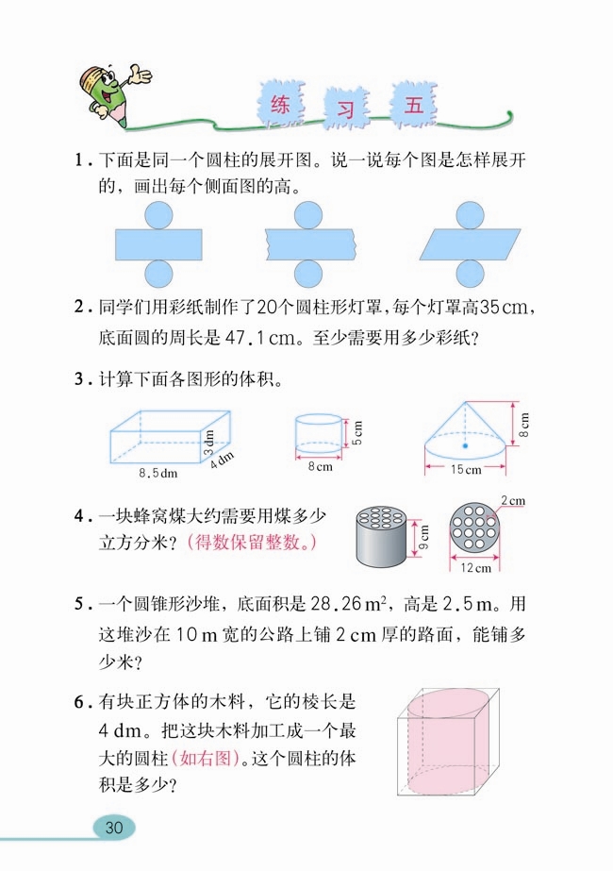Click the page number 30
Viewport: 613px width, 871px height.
tap(115, 828)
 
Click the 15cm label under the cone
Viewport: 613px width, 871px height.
tap(466, 469)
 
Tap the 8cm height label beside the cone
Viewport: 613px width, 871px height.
tap(524, 426)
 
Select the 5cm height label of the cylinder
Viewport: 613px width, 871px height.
tap(359, 433)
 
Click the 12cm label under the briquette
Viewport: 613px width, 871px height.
tap(475, 568)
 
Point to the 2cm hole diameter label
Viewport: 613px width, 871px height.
tap(512, 499)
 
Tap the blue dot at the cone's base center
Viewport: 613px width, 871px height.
tap(465, 444)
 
